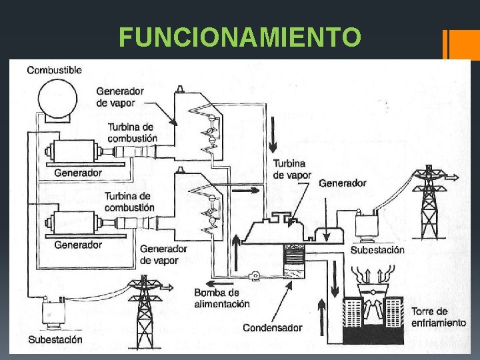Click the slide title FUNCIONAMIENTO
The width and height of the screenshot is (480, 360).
240,37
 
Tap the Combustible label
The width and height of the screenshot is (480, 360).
54,69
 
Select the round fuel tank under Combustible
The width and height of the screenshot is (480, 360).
56,100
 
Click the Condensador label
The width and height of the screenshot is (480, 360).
272,327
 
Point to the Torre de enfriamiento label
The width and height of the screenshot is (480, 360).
438,317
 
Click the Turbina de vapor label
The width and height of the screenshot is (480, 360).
292,169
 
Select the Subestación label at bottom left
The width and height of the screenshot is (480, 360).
55,339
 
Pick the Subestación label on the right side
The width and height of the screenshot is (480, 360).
377,250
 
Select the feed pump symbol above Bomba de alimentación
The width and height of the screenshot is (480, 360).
254,275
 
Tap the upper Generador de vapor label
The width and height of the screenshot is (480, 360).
120,97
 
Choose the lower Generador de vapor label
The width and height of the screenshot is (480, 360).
159,255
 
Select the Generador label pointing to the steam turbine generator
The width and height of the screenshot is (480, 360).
343,183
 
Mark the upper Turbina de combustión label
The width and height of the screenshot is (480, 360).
130,132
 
